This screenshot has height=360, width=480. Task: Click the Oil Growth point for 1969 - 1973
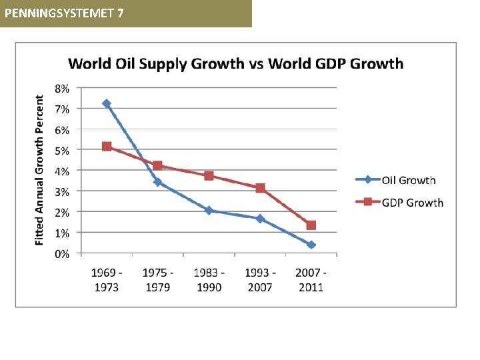[x=107, y=103]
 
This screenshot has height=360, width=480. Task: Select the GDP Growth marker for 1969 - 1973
[x=107, y=146]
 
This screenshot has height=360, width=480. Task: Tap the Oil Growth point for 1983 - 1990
[x=209, y=210]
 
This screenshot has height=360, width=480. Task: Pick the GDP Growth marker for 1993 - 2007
[x=260, y=188]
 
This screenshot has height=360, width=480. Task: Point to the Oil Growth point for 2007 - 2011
[x=311, y=245]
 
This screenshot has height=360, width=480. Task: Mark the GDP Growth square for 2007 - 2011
[x=311, y=225]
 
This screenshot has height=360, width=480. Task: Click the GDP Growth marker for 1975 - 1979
[x=158, y=165]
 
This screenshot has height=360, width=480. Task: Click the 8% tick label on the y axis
[x=61, y=87]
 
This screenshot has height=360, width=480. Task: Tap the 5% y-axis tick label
[x=61, y=150]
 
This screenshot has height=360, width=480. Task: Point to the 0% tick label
[x=61, y=254]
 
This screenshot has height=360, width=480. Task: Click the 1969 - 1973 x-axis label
[x=107, y=279]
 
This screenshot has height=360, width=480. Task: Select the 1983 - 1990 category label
[x=209, y=279]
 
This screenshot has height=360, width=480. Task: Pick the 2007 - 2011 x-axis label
[x=311, y=279]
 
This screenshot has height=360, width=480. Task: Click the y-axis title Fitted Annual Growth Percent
[x=41, y=169]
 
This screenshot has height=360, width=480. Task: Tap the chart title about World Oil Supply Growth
[x=235, y=64]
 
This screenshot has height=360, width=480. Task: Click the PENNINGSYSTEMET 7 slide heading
[x=63, y=13]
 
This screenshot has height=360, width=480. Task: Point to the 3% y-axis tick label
[x=61, y=191]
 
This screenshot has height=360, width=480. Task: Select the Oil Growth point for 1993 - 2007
[x=260, y=219]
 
